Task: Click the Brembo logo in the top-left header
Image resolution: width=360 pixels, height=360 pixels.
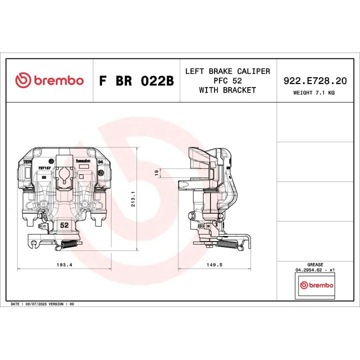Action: pyautogui.click(x=49, y=80)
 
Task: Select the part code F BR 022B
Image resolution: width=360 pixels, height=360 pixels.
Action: pyautogui.click(x=136, y=81)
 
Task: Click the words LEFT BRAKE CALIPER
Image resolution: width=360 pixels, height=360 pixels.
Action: pyautogui.click(x=227, y=71)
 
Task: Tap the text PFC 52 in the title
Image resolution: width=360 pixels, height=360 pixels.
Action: pyautogui.click(x=227, y=81)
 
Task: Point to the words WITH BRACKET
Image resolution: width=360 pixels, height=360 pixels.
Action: pyautogui.click(x=227, y=90)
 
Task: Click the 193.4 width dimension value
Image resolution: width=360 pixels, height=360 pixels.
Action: pyautogui.click(x=64, y=264)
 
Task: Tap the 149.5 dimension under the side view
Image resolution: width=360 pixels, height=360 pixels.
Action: pyautogui.click(x=213, y=264)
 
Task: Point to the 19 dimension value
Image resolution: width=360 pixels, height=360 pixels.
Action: pyautogui.click(x=156, y=172)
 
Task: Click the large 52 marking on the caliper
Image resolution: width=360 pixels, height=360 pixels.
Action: pyautogui.click(x=64, y=225)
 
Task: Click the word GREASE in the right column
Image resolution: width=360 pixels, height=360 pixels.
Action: pyautogui.click(x=315, y=264)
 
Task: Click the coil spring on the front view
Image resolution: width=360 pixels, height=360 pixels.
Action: pyautogui.click(x=66, y=244)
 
